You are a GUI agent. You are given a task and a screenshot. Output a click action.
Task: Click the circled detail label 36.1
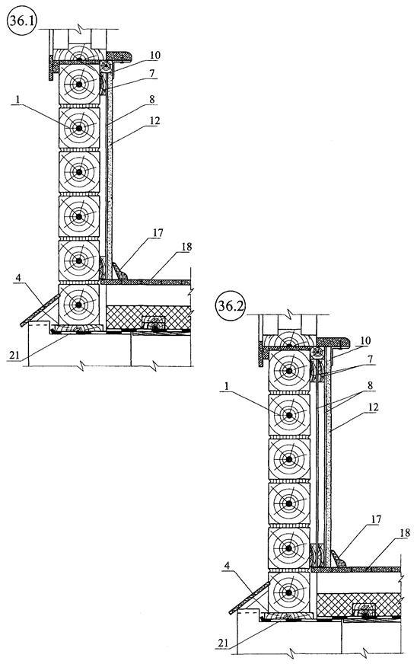(x=22, y=21)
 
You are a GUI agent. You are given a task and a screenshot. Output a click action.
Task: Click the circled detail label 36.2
(x=231, y=306)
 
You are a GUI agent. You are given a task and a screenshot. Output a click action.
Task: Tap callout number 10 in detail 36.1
(x=154, y=55)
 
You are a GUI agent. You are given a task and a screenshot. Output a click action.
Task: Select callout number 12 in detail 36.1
(x=154, y=120)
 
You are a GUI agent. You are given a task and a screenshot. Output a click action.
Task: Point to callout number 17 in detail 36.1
(x=158, y=232)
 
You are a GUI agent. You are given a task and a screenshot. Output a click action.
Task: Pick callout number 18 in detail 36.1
(x=186, y=247)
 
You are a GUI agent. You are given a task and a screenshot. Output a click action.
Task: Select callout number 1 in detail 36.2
(x=226, y=386)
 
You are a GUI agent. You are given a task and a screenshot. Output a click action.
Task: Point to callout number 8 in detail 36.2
(x=370, y=385)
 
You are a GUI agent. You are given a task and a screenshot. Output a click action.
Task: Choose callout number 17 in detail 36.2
(x=375, y=519)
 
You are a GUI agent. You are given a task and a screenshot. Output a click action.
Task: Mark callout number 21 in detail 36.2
(x=223, y=643)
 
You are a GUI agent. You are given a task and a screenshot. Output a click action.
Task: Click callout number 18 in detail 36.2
(x=405, y=533)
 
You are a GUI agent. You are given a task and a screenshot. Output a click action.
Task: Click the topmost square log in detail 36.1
(x=79, y=84)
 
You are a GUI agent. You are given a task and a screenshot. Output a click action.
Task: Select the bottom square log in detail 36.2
(x=289, y=592)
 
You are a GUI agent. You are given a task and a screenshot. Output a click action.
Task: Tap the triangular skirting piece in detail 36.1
(x=119, y=271)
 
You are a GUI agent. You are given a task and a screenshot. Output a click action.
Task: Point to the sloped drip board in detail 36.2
(x=250, y=598)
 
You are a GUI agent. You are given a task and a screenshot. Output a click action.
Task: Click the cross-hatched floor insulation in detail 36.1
(x=148, y=317)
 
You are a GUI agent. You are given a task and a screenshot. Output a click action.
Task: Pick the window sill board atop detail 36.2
(x=333, y=342)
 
